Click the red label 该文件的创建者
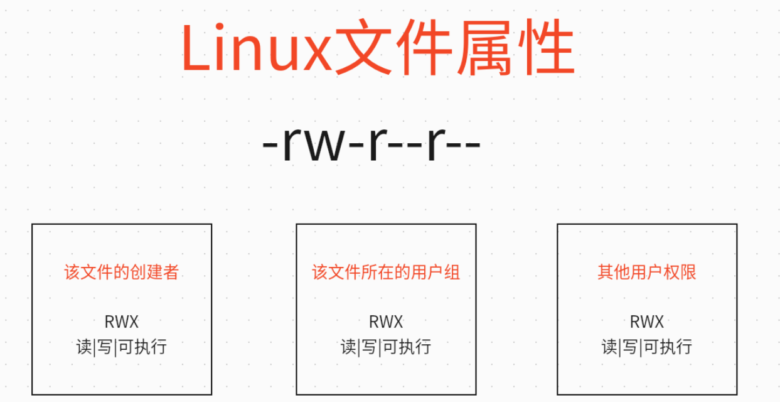[x=122, y=272]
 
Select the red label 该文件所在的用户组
[x=386, y=272]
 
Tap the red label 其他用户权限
[x=647, y=272]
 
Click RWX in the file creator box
[x=122, y=322]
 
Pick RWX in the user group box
[x=386, y=322]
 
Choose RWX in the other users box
[x=647, y=322]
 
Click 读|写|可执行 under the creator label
[x=122, y=347]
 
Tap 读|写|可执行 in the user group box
[x=386, y=347]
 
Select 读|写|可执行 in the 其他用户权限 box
[x=647, y=347]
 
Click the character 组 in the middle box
[x=452, y=272]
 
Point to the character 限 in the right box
[x=688, y=272]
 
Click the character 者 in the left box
[x=171, y=272]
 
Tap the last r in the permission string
[x=434, y=146]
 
